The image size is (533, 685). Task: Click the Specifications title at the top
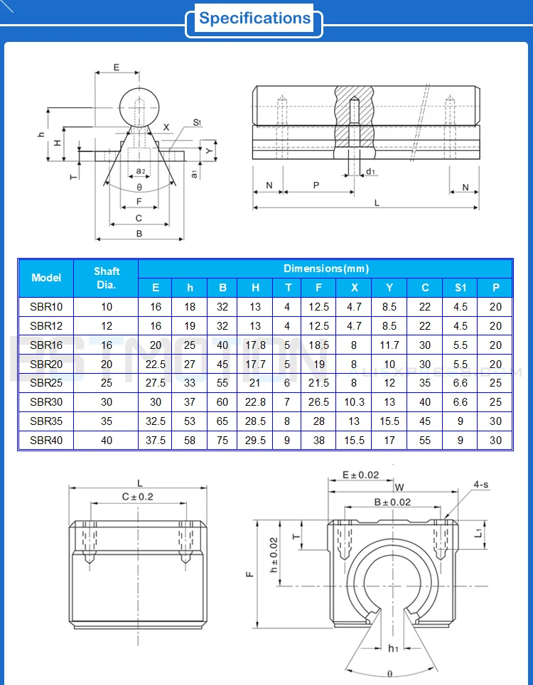click(255, 18)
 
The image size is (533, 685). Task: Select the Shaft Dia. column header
click(107, 278)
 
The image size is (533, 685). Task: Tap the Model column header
click(46, 278)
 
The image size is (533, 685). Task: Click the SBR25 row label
click(46, 383)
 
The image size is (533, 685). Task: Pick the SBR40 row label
click(46, 441)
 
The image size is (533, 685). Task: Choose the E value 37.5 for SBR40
click(156, 441)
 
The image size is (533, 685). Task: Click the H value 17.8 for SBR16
click(255, 345)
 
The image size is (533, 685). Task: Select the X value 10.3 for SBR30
click(354, 402)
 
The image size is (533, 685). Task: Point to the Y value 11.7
click(389, 345)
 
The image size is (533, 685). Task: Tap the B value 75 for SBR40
click(222, 441)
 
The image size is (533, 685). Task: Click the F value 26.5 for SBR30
click(319, 402)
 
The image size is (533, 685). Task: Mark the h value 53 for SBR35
click(190, 421)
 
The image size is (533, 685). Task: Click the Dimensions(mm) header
click(325, 269)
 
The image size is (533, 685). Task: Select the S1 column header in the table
click(461, 288)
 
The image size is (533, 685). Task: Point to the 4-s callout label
click(481, 485)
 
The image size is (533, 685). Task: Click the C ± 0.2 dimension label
click(137, 497)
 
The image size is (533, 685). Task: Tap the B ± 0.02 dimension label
click(392, 502)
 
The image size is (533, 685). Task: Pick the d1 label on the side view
click(371, 172)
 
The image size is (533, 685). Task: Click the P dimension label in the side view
click(316, 184)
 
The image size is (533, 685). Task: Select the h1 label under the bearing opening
click(393, 647)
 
